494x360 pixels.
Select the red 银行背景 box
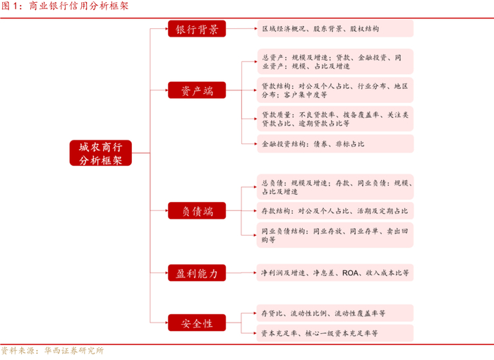197,29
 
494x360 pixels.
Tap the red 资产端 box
197,90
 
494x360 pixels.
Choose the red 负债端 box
197,210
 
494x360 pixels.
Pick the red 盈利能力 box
197,272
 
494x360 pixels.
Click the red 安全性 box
197,323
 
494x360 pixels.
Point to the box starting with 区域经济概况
335,29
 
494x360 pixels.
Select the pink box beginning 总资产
335,61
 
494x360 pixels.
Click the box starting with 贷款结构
335,89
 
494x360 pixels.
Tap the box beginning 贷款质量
335,118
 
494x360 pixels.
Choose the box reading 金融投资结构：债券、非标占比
335,144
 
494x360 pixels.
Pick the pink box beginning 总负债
335,186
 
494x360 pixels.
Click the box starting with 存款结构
335,210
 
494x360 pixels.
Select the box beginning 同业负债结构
335,235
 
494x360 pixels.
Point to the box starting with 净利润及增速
335,272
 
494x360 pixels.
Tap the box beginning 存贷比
335,313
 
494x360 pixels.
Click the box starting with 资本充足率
335,332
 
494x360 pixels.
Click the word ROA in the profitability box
351,272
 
